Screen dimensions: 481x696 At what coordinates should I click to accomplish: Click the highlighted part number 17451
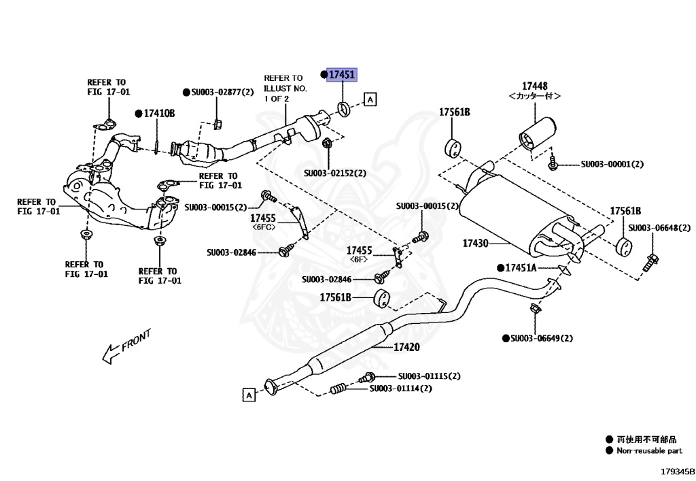click(x=342, y=75)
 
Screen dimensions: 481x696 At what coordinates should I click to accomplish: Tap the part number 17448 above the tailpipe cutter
click(x=534, y=86)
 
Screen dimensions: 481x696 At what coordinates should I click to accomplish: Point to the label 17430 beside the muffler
click(x=476, y=242)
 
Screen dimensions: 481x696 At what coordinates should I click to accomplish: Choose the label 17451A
click(x=520, y=268)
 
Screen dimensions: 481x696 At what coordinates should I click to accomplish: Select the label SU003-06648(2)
click(x=659, y=228)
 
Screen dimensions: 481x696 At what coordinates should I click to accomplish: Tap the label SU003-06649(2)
click(x=542, y=338)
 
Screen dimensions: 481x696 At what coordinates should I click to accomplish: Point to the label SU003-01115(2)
click(x=429, y=376)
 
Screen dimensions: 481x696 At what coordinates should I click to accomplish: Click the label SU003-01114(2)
click(x=400, y=388)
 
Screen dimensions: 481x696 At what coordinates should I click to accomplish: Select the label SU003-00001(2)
click(x=612, y=164)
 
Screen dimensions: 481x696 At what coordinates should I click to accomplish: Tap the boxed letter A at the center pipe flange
click(x=249, y=395)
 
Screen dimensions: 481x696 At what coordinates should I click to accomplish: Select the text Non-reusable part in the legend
click(x=648, y=450)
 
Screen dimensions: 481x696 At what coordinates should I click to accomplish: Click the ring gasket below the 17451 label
click(x=344, y=108)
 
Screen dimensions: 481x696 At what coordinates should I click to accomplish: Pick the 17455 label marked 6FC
click(x=262, y=218)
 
